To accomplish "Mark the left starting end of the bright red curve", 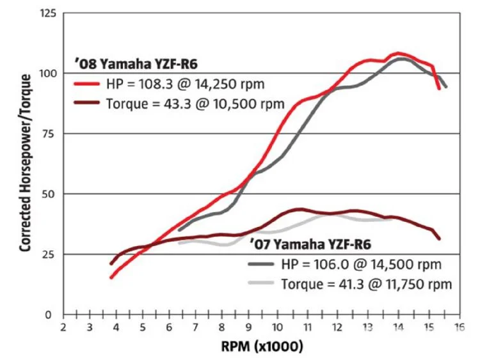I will pyautogui.click(x=111, y=278).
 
